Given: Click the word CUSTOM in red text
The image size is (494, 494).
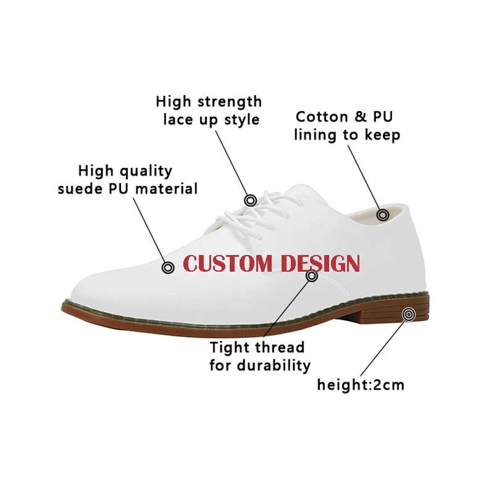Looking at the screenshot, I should click(x=228, y=264).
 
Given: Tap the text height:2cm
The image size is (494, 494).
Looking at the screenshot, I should click(x=361, y=385).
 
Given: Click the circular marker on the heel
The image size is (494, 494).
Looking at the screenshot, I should click(x=408, y=315).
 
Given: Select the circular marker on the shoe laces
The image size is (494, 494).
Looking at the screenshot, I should click(x=250, y=200).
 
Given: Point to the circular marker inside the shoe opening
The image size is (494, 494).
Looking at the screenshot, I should click(x=383, y=215).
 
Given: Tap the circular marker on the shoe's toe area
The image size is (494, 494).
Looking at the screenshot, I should click(x=167, y=267).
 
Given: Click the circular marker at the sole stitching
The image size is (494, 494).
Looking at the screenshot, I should click(x=312, y=276).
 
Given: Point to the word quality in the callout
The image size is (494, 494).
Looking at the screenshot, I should click(x=144, y=171).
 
